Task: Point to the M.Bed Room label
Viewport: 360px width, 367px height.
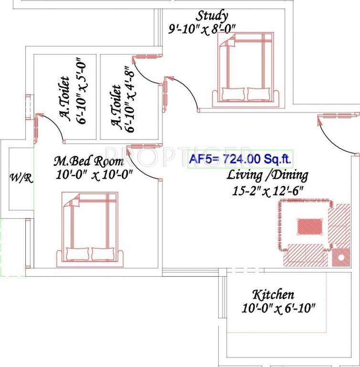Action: tap(88, 162)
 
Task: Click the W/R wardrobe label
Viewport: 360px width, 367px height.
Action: tap(21, 178)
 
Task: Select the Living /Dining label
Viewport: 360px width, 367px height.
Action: tap(267, 175)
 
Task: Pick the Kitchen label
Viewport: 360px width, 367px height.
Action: tap(273, 294)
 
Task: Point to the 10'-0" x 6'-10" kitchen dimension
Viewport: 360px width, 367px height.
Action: tap(279, 309)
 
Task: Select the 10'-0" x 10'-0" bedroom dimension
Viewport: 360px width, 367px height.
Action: tap(94, 175)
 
